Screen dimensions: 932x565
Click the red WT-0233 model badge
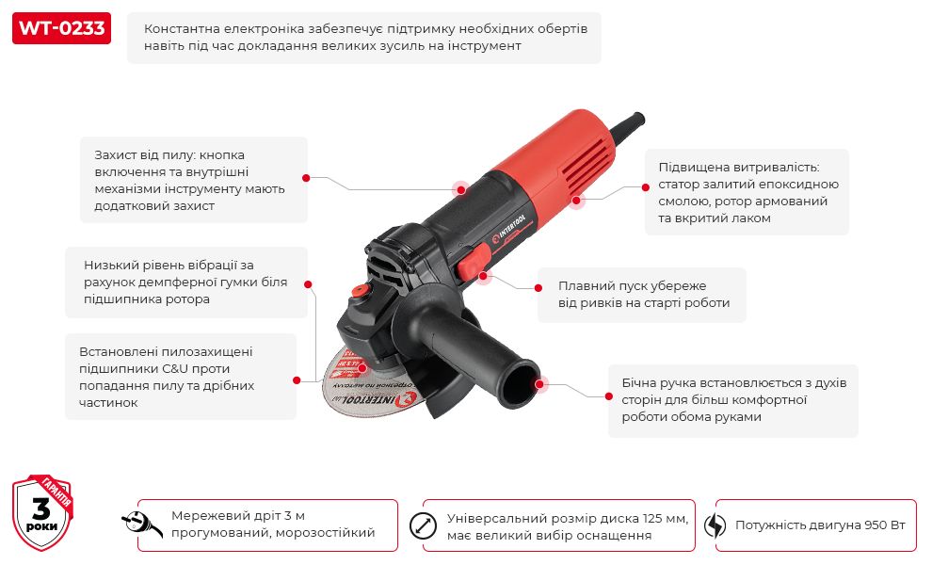pos(61,28)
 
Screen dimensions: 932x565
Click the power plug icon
pos(142,524)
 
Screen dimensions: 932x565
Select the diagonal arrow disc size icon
pos(423,525)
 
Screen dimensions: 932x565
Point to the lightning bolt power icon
pos(715,525)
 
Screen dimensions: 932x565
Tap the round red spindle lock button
pos(359,291)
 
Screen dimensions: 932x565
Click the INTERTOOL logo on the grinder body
pos(508,228)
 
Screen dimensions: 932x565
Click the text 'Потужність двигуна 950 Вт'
pos(820,525)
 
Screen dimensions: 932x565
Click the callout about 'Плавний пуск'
pos(643,295)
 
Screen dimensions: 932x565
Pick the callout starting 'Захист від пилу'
pos(194,180)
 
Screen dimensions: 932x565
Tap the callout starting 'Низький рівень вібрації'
pos(186,282)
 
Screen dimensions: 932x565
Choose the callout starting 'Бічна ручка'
pos(732,400)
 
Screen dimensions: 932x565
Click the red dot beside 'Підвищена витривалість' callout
pos(646,187)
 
